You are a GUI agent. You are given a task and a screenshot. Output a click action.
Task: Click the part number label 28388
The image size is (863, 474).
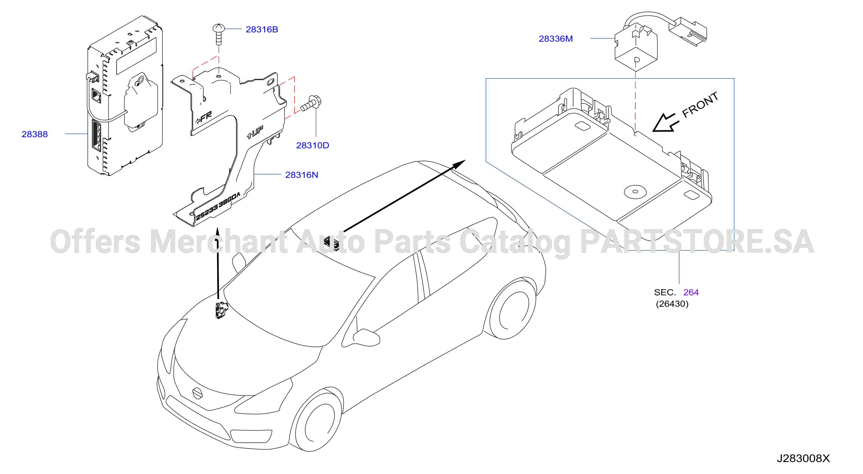point(34,134)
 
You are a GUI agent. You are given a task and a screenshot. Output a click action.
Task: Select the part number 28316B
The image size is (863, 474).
point(262,29)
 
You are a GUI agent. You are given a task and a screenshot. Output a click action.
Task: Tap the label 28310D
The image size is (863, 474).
point(312,145)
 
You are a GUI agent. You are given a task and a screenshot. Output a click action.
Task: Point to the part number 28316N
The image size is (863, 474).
point(302,175)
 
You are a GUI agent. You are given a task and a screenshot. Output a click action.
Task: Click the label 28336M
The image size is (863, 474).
point(555,39)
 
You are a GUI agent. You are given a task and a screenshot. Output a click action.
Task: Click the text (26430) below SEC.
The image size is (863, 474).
point(672,304)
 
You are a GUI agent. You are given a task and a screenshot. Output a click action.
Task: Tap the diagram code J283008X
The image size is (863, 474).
point(803,458)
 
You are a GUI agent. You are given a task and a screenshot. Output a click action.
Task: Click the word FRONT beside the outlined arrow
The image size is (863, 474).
point(700,104)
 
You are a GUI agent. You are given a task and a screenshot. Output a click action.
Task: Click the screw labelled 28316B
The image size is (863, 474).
point(218,34)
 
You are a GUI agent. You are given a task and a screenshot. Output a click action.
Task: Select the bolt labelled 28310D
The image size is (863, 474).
point(311,103)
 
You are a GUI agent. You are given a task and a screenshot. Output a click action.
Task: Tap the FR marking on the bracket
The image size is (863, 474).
point(204,118)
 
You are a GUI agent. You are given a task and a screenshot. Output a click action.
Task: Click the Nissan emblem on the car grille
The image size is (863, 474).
point(197,393)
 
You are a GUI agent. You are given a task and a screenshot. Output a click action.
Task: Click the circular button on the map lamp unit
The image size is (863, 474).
point(635,192)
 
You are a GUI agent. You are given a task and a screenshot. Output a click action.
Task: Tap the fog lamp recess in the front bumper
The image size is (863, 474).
point(251,436)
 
